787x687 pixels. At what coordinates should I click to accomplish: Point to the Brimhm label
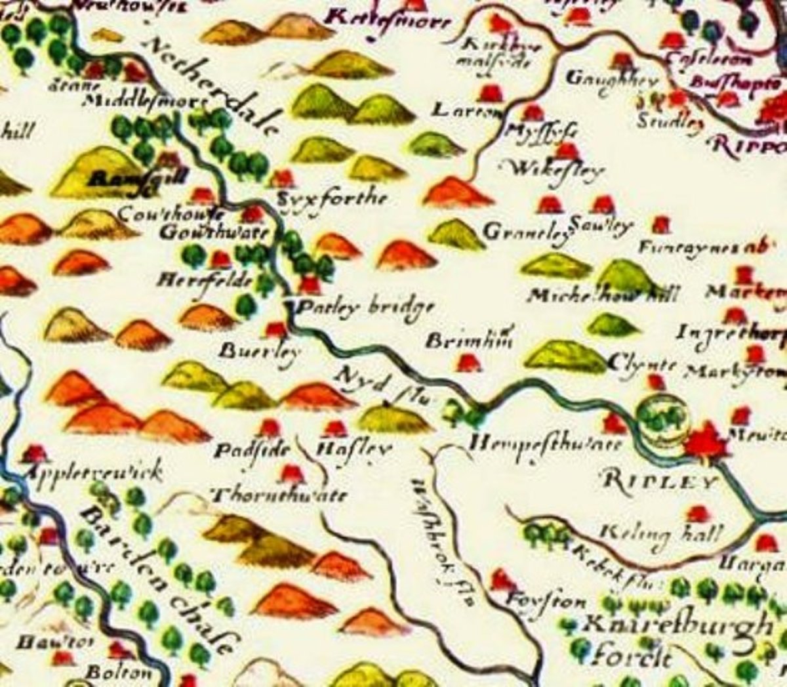pyautogui.click(x=469, y=341)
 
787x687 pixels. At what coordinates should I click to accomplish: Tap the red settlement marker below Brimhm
pyautogui.click(x=466, y=362)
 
